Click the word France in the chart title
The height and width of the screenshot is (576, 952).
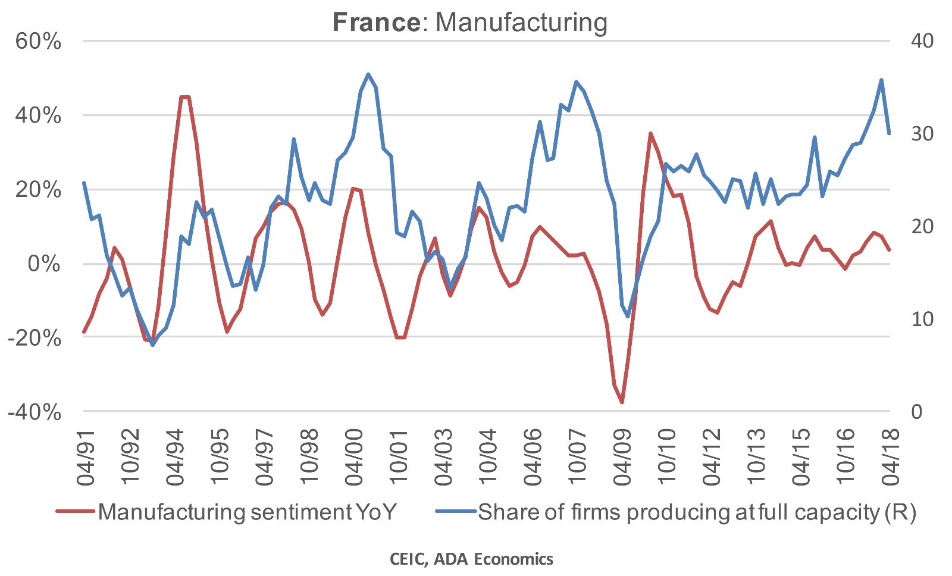(376, 23)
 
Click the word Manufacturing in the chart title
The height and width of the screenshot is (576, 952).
(521, 23)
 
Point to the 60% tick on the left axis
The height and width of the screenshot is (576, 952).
(38, 42)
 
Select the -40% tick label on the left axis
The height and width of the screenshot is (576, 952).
(35, 412)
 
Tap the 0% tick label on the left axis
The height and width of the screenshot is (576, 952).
(44, 264)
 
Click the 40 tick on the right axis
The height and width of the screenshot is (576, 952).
(922, 41)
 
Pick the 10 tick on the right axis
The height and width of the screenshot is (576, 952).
(922, 319)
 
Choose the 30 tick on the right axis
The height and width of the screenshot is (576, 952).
(922, 134)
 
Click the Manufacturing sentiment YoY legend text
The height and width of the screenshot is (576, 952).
(247, 512)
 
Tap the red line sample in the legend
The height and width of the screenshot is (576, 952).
(75, 511)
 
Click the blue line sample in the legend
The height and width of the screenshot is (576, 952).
(456, 511)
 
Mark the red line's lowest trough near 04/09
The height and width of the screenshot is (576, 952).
(622, 403)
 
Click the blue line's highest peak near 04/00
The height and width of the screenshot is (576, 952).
(368, 74)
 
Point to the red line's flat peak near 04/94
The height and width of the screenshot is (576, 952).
(184, 97)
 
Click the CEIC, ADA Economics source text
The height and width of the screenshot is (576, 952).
(471, 559)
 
